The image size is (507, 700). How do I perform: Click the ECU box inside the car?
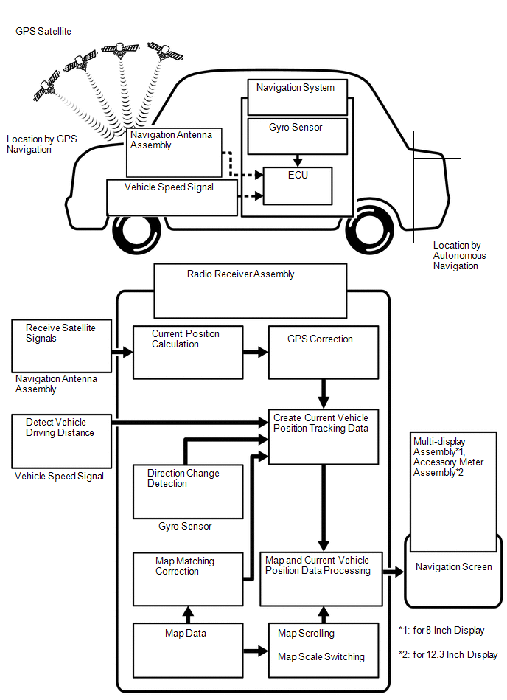click(x=298, y=185)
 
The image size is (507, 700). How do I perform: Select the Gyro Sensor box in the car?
click(x=296, y=136)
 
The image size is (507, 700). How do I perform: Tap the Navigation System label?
click(x=295, y=88)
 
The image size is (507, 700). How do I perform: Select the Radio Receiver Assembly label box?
click(x=248, y=290)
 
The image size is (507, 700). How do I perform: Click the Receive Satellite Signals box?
click(x=60, y=345)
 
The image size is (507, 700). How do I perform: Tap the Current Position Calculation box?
click(x=187, y=352)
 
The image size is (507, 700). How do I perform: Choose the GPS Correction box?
click(x=323, y=352)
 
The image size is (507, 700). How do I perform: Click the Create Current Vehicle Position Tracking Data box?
click(x=323, y=436)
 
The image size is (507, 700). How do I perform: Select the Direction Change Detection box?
click(x=188, y=491)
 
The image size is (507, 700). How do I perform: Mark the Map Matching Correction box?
click(x=188, y=578)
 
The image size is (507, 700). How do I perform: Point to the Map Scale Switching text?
click(x=321, y=657)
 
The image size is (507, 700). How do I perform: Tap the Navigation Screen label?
click(x=453, y=567)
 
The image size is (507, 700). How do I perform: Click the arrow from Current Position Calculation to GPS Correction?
click(x=255, y=353)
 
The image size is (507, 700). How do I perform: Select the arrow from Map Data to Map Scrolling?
click(x=255, y=651)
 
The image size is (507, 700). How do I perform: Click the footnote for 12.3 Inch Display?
click(x=447, y=654)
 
